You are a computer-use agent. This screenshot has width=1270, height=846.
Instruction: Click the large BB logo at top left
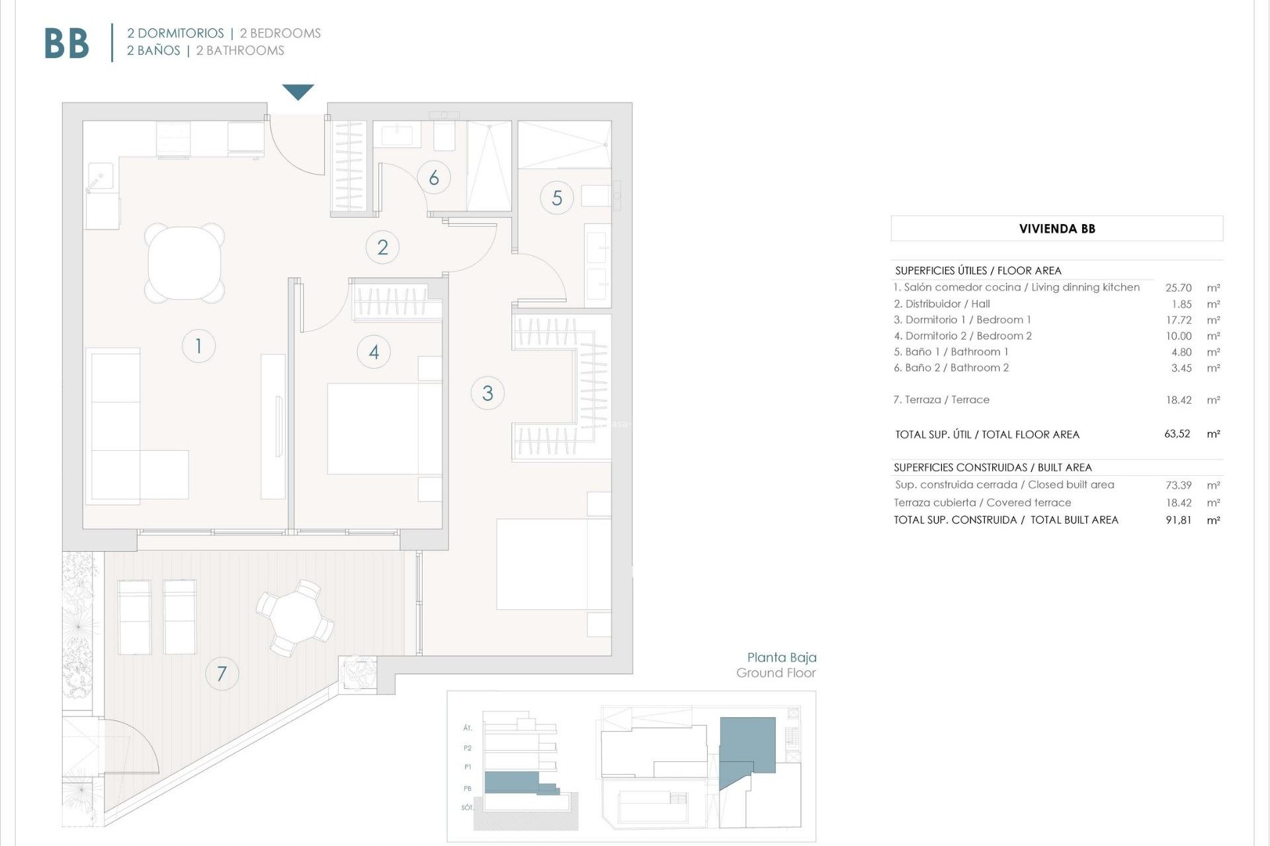[x=66, y=44]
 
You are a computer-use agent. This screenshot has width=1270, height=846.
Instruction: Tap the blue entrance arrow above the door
[x=298, y=91]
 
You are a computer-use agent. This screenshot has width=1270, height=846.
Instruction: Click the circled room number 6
[x=434, y=177]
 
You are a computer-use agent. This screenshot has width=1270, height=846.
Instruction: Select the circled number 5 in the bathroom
[x=557, y=198]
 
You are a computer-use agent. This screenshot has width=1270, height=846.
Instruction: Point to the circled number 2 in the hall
[x=382, y=247]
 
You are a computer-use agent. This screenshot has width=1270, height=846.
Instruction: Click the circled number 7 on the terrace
[x=222, y=673]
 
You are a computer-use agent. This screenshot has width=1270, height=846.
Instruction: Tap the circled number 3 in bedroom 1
[x=487, y=393]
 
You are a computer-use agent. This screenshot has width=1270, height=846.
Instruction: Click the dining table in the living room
[x=185, y=263]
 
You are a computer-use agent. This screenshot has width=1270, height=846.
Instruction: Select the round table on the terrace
[x=295, y=617]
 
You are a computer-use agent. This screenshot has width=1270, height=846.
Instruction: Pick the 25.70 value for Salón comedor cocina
[x=1178, y=288]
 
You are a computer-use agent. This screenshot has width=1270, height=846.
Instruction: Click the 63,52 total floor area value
[x=1177, y=434]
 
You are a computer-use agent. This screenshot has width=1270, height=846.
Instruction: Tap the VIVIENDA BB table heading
[x=1056, y=229]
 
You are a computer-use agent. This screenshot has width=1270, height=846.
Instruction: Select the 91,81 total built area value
[x=1178, y=520]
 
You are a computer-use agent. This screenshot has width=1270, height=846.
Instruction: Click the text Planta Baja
[x=781, y=657]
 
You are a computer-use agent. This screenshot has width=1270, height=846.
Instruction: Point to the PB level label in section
[x=468, y=788]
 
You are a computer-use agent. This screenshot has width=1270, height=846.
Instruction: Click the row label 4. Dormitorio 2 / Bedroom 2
[x=962, y=336]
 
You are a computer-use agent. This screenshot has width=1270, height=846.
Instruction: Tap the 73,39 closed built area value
[x=1178, y=485]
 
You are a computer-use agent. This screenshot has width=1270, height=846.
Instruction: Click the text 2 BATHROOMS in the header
[x=240, y=51]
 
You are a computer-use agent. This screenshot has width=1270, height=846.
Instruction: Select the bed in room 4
[x=384, y=428]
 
